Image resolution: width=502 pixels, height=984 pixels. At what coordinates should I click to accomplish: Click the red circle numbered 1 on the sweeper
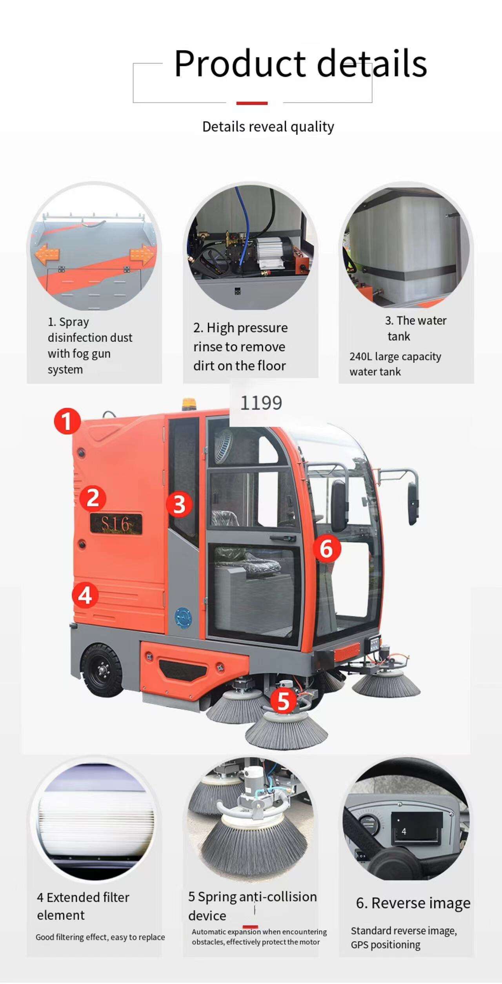click(67, 421)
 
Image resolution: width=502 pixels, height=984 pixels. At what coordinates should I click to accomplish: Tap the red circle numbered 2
click(93, 498)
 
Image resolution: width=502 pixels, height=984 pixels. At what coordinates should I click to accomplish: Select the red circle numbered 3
click(179, 504)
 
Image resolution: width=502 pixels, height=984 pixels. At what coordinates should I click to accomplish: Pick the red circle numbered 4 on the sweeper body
click(85, 595)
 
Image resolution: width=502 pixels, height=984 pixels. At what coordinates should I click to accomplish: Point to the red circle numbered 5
click(283, 701)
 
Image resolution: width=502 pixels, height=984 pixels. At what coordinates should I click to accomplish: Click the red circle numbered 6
click(327, 548)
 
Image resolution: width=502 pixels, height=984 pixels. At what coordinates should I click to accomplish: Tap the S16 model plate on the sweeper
click(116, 524)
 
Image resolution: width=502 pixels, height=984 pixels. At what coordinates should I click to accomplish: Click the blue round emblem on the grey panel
click(184, 617)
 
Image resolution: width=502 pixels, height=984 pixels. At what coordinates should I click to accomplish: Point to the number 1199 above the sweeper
click(261, 403)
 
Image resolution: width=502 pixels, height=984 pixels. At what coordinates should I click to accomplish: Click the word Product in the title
click(240, 63)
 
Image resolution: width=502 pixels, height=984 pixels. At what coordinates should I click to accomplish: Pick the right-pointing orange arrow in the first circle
click(142, 255)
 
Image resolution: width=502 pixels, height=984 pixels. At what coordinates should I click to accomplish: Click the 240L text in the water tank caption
click(360, 356)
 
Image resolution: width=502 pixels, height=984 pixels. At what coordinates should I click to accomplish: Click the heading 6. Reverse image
click(413, 903)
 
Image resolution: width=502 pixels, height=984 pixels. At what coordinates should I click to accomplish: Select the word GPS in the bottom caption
click(359, 945)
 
